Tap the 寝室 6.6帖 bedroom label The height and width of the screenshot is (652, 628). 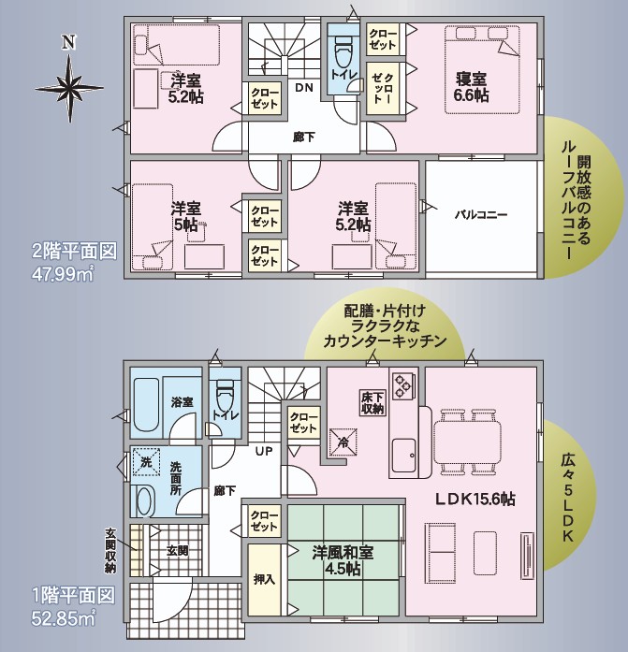click(471, 87)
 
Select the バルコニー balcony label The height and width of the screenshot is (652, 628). click(480, 215)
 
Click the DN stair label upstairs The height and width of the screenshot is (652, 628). click(304, 88)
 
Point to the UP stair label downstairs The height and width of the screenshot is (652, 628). click(264, 451)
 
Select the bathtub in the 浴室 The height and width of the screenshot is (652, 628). click(147, 405)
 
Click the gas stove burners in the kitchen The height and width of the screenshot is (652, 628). click(403, 385)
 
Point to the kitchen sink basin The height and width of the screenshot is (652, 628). click(403, 456)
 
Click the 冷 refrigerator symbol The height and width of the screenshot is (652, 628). click(343, 442)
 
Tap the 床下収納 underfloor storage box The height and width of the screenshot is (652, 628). click(372, 402)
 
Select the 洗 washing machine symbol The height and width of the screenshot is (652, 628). click(146, 461)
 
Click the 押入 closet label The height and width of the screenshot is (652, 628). click(265, 579)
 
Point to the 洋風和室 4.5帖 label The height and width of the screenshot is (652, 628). click(343, 560)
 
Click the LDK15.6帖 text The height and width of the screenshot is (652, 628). click(475, 499)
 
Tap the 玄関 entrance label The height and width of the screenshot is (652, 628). click(177, 551)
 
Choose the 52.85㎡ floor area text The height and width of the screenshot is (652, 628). click(64, 618)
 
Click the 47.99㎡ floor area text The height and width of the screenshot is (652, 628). click(63, 274)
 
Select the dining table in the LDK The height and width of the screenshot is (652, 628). click(467, 442)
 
